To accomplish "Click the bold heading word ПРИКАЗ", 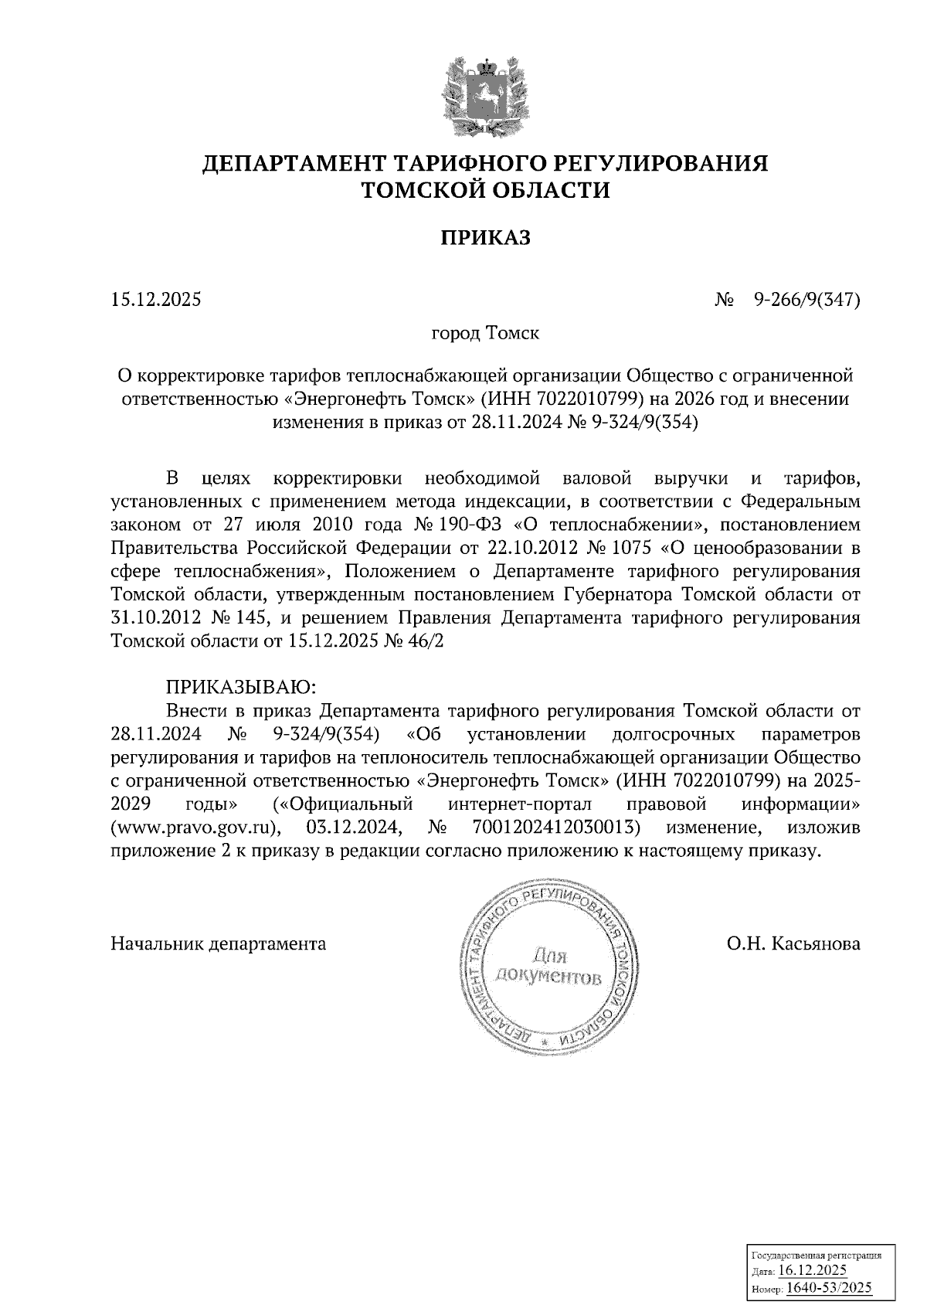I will pos(486,238).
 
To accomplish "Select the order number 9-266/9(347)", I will pos(807,299).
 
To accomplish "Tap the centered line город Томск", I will pos(485,334).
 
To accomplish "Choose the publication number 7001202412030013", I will pos(555,828).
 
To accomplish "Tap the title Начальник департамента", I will pos(219,943).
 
